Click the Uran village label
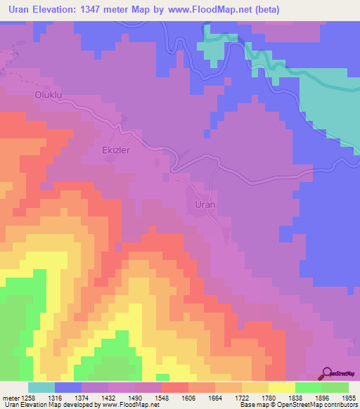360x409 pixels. pyautogui.click(x=204, y=204)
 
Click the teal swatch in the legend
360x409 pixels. pyautogui.click(x=41, y=388)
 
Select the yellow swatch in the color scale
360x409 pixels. pyautogui.click(x=282, y=388)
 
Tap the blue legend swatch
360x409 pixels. pyautogui.click(x=68, y=388)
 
